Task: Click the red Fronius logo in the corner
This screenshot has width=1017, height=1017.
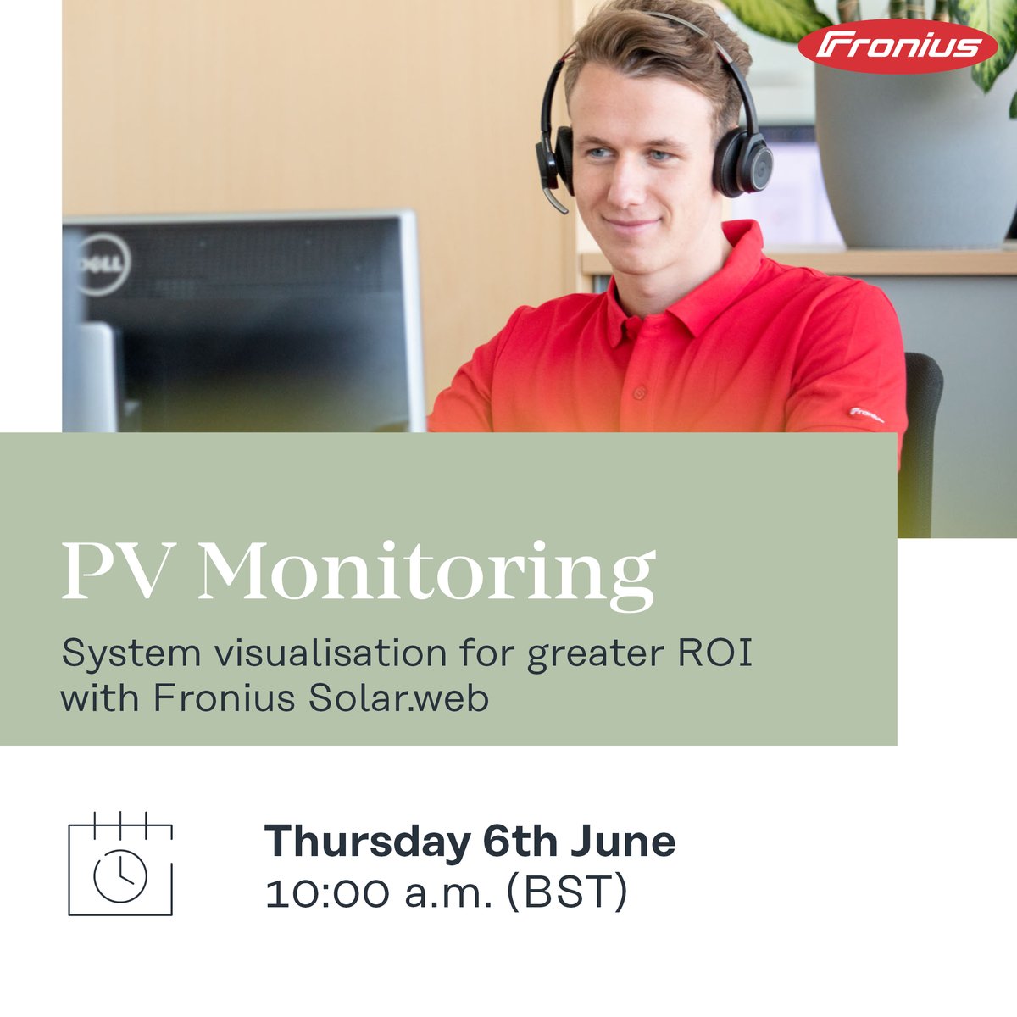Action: tap(898, 46)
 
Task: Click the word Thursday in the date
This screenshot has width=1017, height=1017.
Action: tap(367, 842)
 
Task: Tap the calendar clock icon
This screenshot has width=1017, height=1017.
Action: tap(119, 864)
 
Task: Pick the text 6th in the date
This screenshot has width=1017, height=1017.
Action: tap(520, 842)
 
